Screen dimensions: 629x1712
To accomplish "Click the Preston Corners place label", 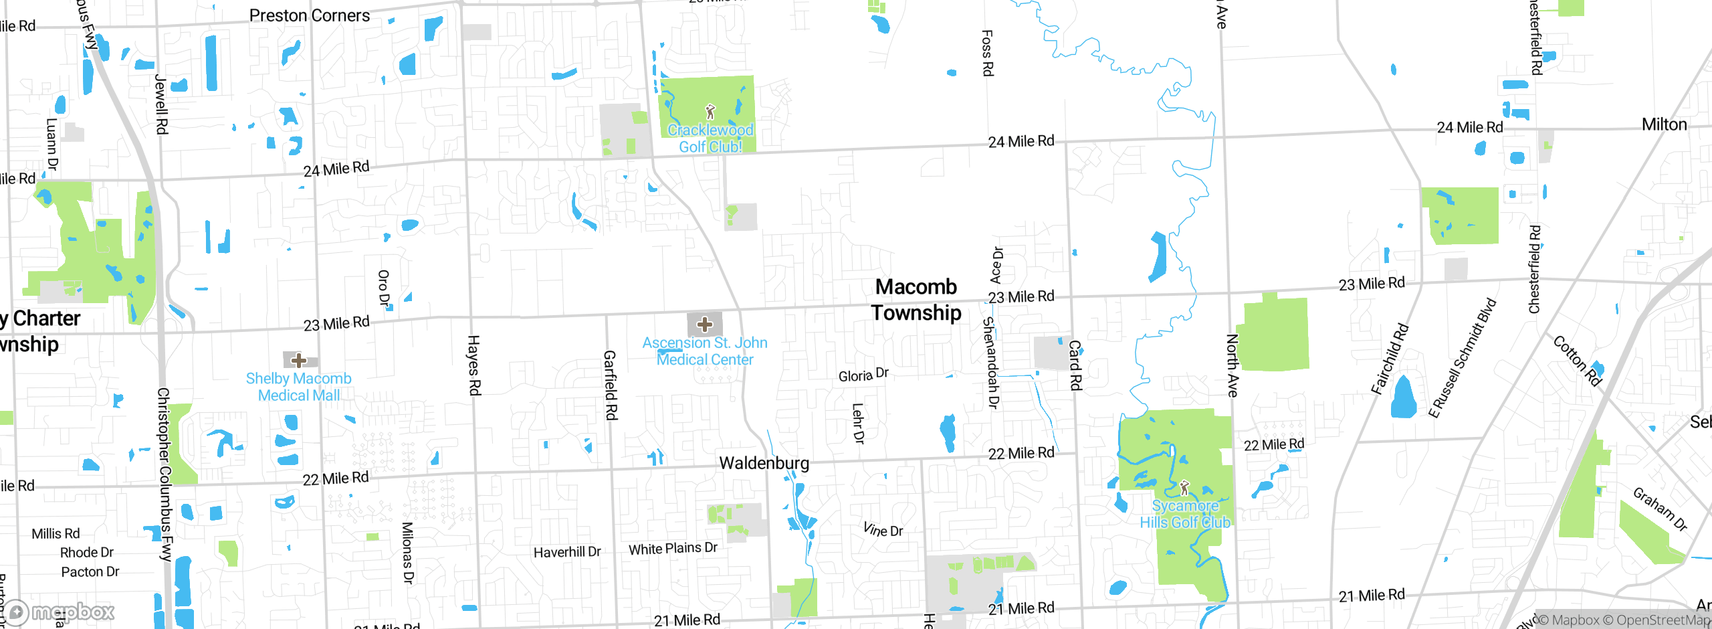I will tap(309, 15).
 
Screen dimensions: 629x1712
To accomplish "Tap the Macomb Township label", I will tap(916, 300).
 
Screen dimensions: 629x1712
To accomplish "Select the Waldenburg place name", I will tap(764, 463).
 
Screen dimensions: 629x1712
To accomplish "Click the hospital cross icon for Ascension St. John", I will tap(704, 325).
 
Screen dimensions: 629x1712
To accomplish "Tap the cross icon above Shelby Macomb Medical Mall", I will tap(299, 360).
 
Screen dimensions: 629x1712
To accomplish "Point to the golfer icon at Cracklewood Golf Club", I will tap(710, 112).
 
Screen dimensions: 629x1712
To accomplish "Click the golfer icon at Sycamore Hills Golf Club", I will tap(1184, 487).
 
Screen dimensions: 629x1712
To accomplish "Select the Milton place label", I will tap(1664, 124).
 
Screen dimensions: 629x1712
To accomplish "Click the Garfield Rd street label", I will tap(610, 385).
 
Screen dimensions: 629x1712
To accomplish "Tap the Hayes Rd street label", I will tap(474, 365).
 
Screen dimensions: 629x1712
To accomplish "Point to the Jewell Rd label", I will tap(161, 104).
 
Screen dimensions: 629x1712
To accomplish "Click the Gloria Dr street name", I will tap(863, 375).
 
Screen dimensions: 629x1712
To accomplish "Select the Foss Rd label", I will tap(987, 53).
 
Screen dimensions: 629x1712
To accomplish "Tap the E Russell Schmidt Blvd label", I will tap(1462, 359).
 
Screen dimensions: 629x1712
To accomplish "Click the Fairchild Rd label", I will tap(1390, 359).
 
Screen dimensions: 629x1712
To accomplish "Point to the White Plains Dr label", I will tap(673, 549).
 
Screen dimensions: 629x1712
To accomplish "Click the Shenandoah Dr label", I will tap(991, 363).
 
